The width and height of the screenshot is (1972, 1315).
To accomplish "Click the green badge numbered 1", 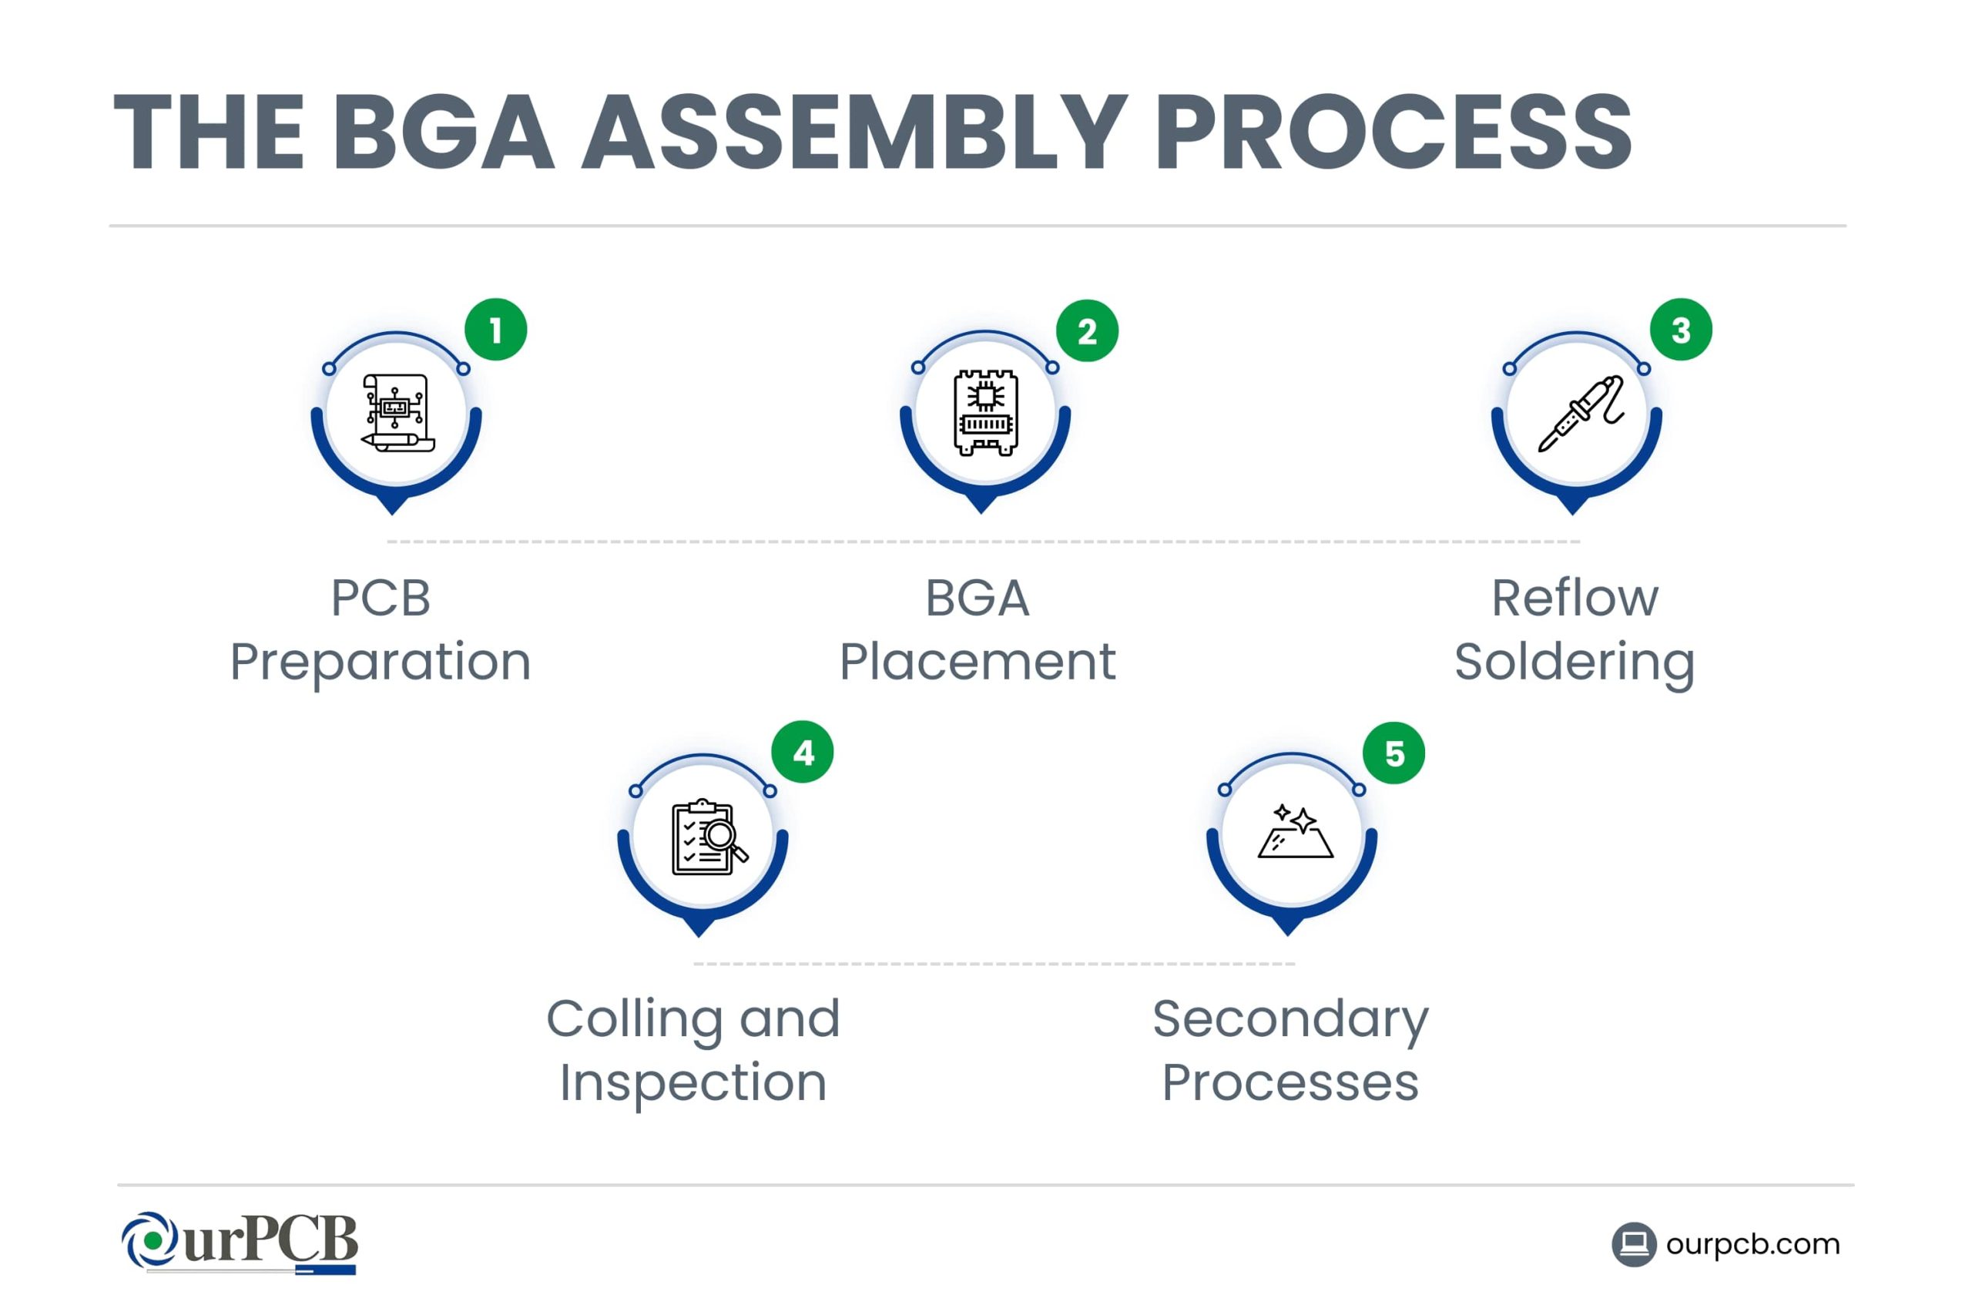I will pos(495,330).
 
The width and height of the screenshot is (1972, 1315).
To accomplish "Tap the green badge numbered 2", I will pos(1087,331).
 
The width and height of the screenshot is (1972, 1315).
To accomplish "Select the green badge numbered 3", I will pos(1680,330).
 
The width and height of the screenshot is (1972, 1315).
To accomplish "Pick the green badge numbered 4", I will pos(803,753).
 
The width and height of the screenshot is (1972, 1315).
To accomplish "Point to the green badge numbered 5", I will pos(1393,753).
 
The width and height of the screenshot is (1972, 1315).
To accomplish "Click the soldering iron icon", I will pos(1581,414).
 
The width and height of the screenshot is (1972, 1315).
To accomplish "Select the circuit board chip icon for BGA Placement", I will pos(986,413).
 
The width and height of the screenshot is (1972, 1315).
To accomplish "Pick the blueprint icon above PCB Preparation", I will pos(397,414).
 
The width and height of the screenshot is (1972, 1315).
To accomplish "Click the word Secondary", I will pos(1290,1019).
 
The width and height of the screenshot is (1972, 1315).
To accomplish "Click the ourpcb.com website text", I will pos(1752,1243).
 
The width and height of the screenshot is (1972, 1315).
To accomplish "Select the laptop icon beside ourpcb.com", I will pos(1633,1243).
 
